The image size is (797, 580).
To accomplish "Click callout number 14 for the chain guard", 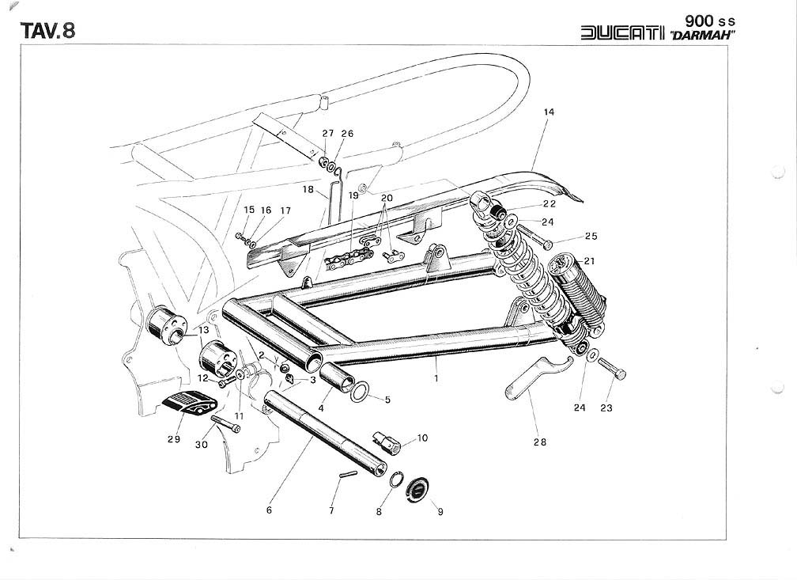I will tap(549, 112).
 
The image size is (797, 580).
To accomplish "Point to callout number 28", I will tap(539, 442).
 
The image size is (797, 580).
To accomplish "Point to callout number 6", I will tap(269, 510).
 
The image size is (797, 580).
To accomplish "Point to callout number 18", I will tap(308, 190).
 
